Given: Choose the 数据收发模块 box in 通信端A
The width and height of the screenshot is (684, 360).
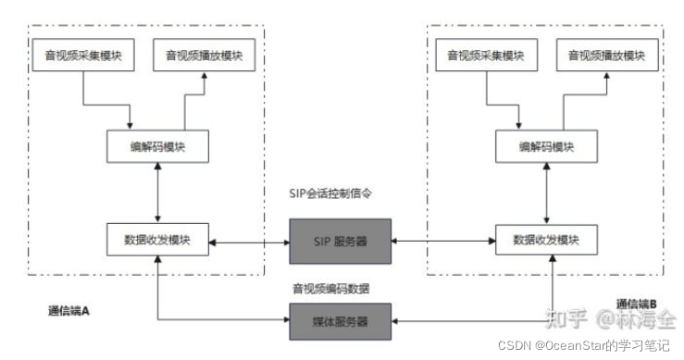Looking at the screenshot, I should point(158,240).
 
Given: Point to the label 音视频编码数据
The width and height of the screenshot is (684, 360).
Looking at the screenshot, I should point(334,288).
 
